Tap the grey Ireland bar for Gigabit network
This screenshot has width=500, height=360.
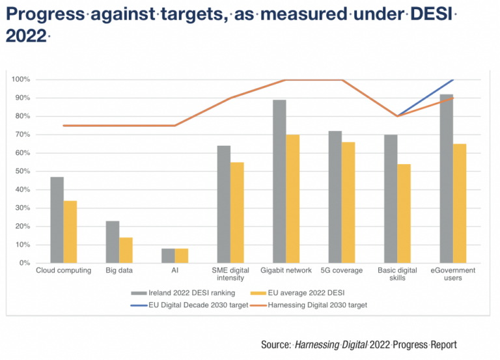tap(279, 182)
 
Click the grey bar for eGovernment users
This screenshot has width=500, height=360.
tap(446, 179)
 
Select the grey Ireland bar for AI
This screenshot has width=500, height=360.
tap(168, 256)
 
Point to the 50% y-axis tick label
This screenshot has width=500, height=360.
tap(21, 171)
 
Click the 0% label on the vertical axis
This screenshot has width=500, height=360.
tap(23, 263)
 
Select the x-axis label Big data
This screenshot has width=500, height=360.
tap(119, 271)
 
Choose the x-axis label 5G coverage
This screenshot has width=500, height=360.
tap(342, 271)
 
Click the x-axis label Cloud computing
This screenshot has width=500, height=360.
tap(63, 271)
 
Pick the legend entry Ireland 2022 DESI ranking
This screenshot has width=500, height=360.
tap(183, 292)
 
